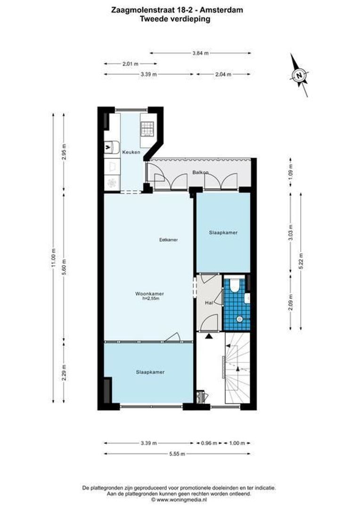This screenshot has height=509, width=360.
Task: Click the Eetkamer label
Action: pos(168,240)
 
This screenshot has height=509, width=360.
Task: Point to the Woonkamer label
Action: pos(149,293)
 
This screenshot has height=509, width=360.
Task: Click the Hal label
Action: pos(207,304)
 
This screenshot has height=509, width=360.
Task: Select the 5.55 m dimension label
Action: pos(177,454)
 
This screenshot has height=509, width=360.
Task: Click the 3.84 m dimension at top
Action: pos(200,53)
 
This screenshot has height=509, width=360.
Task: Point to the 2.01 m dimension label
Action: pos(131,64)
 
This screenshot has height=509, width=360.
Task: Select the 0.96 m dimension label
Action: pos(209,443)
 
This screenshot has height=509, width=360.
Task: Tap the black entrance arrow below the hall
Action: pos(207,336)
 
